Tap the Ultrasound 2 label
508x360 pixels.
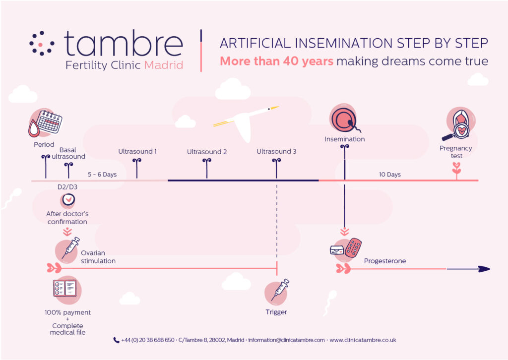(207, 152)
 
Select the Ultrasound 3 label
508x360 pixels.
(276, 151)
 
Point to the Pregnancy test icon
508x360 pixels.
(459, 124)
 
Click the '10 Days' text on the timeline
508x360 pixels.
(390, 175)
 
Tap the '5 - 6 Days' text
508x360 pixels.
(102, 175)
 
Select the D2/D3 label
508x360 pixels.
(67, 187)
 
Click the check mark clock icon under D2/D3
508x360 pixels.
(68, 200)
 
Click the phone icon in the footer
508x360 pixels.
(116, 340)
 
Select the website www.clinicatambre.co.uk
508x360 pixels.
(363, 340)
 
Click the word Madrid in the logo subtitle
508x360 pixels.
(164, 65)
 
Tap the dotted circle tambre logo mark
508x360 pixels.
(42, 43)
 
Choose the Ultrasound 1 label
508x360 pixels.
(137, 151)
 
